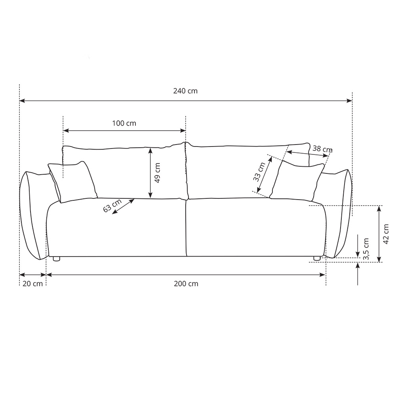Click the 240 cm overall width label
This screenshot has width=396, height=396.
[x=185, y=91]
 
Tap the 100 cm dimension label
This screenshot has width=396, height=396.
[x=124, y=123]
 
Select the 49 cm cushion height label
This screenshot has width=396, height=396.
[x=157, y=173]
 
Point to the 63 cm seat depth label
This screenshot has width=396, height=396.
[x=112, y=205]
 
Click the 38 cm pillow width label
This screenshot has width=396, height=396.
[x=322, y=149]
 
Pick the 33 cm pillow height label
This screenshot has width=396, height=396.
[x=259, y=172]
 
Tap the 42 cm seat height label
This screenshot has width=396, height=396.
[x=386, y=234]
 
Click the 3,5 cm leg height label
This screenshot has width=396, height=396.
[x=366, y=249]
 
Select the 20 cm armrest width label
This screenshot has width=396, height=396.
[x=32, y=284]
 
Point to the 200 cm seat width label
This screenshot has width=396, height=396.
[x=186, y=284]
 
